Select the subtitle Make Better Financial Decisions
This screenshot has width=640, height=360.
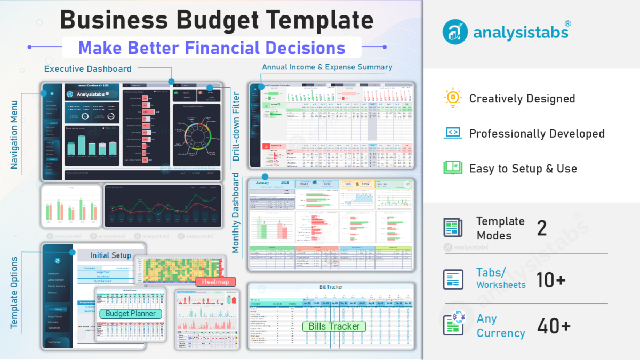212,47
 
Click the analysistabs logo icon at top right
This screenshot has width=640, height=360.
455,31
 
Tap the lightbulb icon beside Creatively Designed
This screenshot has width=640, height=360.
452,99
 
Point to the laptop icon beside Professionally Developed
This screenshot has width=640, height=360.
453,133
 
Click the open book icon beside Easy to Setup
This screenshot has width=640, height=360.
453,168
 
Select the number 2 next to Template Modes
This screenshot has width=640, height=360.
542,228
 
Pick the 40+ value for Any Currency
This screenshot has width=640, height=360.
554,326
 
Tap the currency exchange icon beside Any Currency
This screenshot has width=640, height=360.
454,325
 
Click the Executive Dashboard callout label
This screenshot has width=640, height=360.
87,69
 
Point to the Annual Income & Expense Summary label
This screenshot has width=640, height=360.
327,67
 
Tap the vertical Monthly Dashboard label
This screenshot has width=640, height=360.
236,212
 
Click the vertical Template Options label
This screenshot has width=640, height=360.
14,292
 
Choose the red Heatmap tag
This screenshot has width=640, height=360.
215,282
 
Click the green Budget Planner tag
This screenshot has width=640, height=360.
130,314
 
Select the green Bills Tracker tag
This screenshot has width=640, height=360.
334,326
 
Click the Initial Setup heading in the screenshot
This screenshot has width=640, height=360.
110,255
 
